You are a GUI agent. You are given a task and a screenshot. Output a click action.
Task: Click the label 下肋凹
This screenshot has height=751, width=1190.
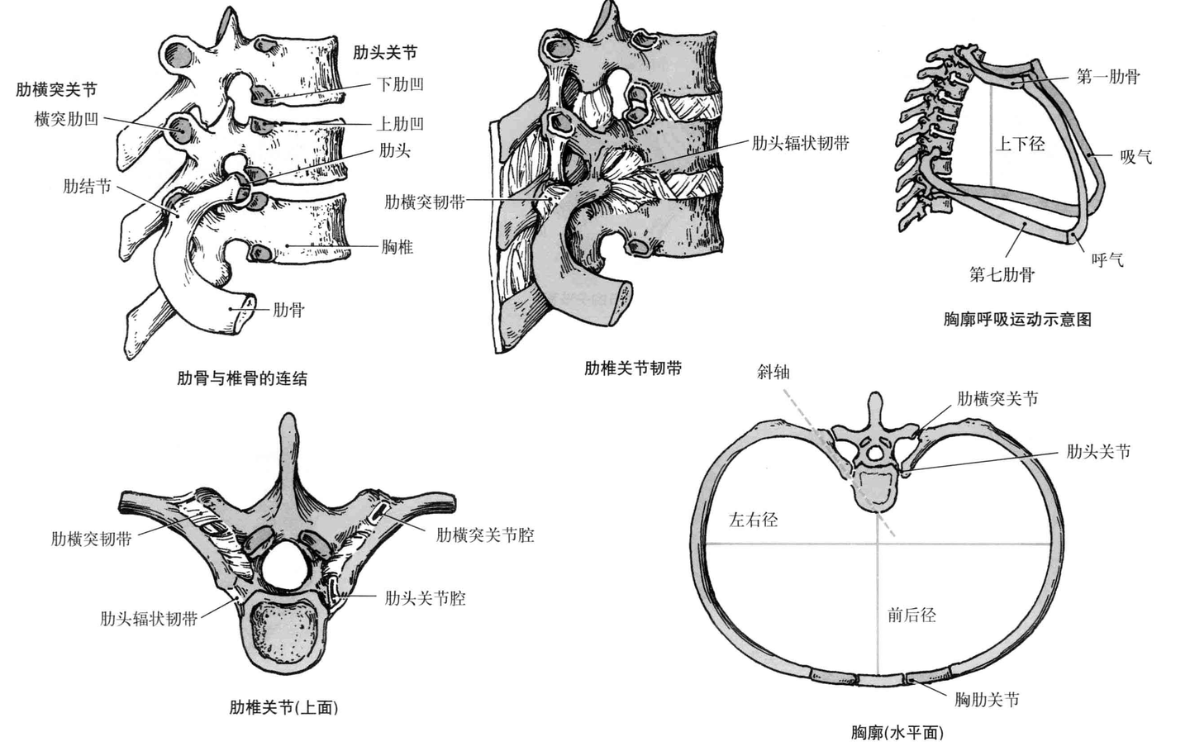(400, 84)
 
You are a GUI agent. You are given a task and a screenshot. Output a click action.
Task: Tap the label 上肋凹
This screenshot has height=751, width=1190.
(400, 124)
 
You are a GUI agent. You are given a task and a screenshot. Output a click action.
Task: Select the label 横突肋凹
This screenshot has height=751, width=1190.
(66, 119)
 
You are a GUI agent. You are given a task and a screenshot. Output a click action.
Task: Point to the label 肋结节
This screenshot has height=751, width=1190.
(87, 186)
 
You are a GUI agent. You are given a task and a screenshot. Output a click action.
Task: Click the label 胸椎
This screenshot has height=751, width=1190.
(397, 246)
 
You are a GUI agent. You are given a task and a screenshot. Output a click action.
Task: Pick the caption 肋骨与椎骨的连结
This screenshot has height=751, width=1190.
(242, 378)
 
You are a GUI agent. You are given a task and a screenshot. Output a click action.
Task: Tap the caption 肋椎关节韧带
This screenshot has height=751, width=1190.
(633, 368)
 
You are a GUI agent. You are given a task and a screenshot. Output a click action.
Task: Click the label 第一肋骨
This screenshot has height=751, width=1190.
(1107, 77)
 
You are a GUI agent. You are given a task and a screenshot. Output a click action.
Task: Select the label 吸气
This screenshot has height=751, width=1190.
(1135, 156)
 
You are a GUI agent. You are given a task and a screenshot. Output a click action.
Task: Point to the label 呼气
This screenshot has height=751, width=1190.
(1107, 260)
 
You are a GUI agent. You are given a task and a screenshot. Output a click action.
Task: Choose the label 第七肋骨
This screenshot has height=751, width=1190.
(1002, 274)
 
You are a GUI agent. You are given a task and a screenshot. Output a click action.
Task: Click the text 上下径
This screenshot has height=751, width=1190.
(1020, 144)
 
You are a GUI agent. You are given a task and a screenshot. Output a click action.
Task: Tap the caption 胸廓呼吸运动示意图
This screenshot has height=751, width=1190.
(1017, 319)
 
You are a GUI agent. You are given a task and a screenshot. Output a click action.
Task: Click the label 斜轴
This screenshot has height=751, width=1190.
(773, 372)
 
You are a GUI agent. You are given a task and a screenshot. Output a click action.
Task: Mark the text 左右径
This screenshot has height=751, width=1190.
(753, 520)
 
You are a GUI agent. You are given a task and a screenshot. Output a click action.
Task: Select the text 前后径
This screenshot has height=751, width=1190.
(912, 615)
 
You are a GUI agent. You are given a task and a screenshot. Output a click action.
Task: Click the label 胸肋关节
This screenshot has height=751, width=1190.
(987, 700)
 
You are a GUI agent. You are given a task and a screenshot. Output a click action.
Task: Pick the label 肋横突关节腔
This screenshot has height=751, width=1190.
(485, 535)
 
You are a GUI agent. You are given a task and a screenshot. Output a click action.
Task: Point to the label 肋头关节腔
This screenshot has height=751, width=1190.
(425, 598)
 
